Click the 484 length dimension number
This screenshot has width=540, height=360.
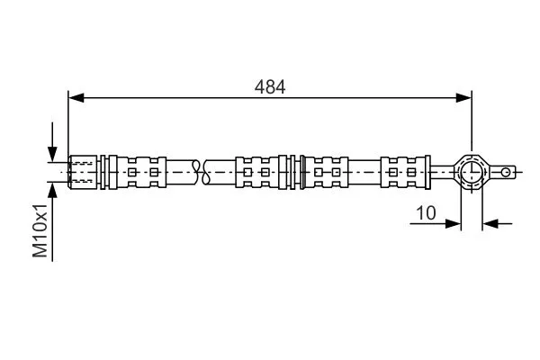(270, 86)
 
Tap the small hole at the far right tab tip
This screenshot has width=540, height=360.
(508, 169)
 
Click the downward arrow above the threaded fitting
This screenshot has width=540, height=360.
(52, 153)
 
